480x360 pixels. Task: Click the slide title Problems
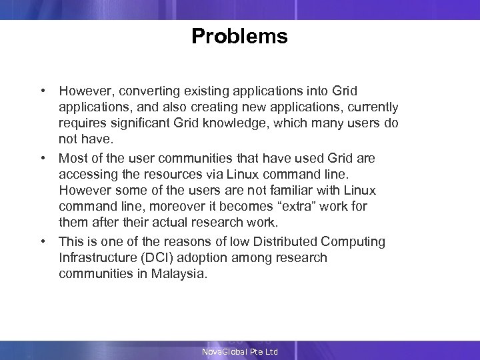click(239, 36)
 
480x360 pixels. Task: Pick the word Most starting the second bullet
click(72, 158)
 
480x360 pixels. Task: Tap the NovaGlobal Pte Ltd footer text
click(240, 351)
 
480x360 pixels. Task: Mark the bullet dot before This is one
click(42, 241)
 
